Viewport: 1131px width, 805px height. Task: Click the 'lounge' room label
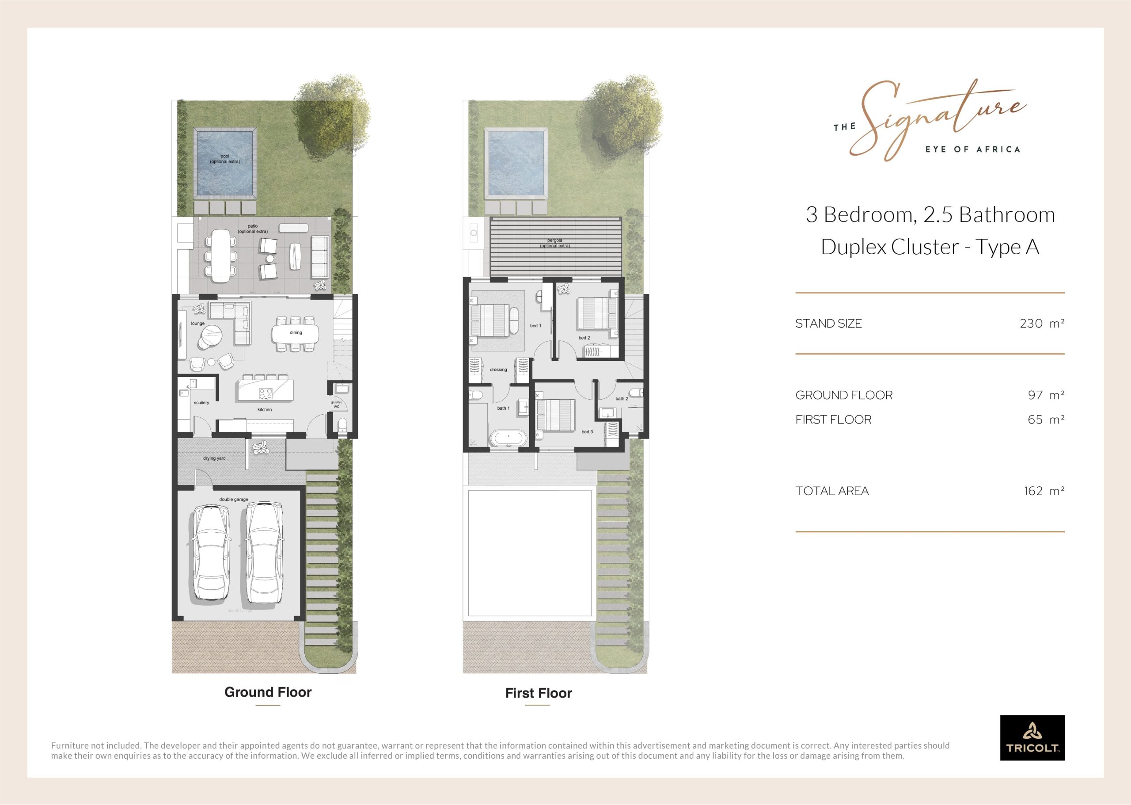coord(197,324)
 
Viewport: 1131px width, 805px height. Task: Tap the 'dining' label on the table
coord(296,332)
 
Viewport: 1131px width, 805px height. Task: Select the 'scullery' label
coord(201,402)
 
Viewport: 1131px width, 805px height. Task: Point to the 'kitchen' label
coord(265,409)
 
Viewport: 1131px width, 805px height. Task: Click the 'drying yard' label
coord(214,458)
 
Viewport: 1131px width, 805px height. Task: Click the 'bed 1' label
coord(535,326)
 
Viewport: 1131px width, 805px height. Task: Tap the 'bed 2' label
coord(584,338)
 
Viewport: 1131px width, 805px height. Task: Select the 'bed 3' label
coord(587,432)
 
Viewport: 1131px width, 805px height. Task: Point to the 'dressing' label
coord(498,370)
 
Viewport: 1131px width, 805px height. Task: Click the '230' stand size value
coord(1032,324)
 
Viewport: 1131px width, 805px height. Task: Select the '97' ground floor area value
coord(1036,395)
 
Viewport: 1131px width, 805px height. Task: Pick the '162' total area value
coord(1033,491)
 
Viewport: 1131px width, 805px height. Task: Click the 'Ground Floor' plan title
coord(268,692)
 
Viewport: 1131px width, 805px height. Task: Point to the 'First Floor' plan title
coord(539,693)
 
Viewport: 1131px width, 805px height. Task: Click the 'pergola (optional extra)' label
coord(555,243)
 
